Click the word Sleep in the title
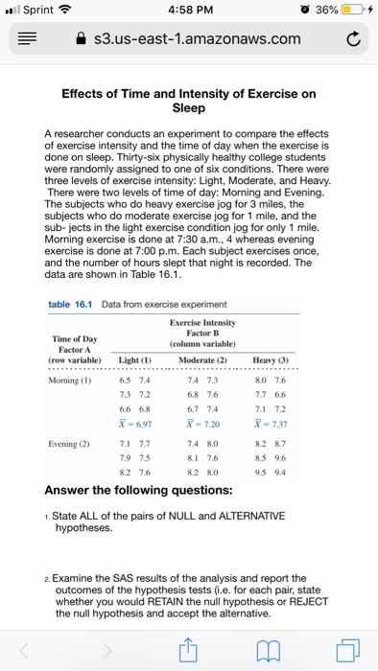point(188,108)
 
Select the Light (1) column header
point(128,359)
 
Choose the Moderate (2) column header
point(201,359)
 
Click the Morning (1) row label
point(73,377)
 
